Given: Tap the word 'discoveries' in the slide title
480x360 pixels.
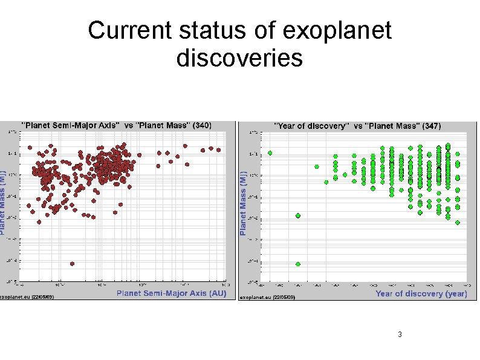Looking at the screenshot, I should (x=239, y=59).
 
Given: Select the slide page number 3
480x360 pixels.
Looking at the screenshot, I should (x=400, y=335).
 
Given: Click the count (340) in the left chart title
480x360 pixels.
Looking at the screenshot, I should (x=202, y=125).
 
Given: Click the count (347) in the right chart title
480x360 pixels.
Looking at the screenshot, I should (x=432, y=125).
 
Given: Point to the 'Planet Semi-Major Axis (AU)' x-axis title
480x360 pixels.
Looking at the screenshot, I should (x=171, y=293).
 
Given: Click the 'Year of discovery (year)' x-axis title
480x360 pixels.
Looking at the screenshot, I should (x=421, y=293).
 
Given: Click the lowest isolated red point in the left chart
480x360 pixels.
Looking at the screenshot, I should (x=72, y=264).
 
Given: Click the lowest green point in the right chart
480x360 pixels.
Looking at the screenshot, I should (x=298, y=264).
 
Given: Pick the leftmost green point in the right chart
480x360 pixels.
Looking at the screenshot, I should (x=270, y=153).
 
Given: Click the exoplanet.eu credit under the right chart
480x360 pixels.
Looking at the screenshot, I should (x=267, y=298).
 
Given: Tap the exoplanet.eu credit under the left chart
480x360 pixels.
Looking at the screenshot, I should (x=27, y=297).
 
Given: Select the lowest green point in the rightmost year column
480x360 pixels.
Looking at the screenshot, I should (x=458, y=223).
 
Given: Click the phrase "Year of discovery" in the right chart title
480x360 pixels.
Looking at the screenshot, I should (x=312, y=125).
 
